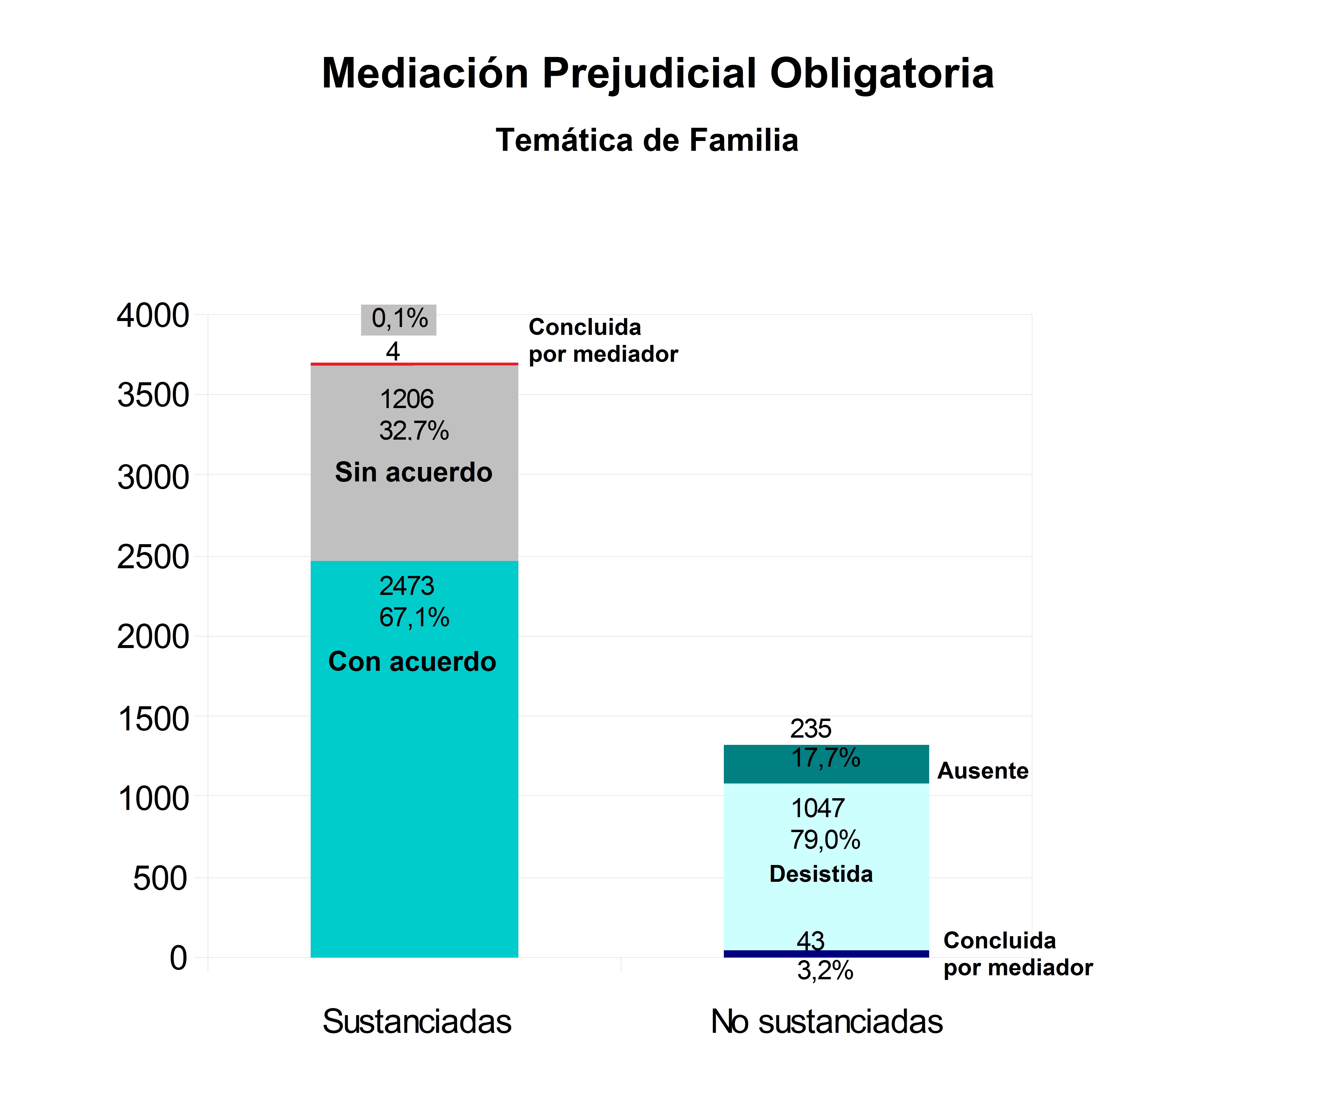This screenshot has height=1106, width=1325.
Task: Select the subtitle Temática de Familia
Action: pos(647,140)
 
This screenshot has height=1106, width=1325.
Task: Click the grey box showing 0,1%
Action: pos(399,319)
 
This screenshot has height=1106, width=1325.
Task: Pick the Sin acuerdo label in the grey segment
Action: pos(413,472)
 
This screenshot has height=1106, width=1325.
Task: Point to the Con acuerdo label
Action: pos(412,661)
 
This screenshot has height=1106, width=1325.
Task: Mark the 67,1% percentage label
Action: pos(414,617)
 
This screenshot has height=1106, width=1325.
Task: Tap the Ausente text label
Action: pos(982,770)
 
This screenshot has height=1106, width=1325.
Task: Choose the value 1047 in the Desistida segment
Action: pos(818,808)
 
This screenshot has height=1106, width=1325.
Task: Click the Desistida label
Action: pos(821,874)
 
